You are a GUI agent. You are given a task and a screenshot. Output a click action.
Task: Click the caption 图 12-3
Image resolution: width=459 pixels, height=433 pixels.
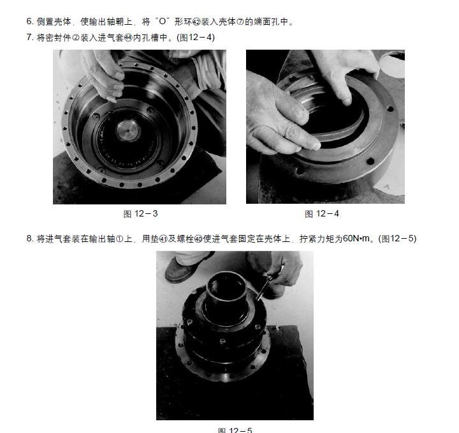click(x=140, y=214)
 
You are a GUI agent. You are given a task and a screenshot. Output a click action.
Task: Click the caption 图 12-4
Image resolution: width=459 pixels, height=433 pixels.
click(x=322, y=214)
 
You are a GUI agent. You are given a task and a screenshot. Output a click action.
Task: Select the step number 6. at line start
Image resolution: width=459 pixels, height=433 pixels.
click(x=29, y=22)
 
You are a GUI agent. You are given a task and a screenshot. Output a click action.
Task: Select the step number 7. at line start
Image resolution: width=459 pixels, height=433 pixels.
click(x=29, y=37)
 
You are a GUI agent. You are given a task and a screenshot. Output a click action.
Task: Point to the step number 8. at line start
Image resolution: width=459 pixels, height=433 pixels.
click(x=29, y=239)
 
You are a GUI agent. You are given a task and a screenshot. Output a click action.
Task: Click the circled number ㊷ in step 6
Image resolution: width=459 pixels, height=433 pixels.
click(x=196, y=22)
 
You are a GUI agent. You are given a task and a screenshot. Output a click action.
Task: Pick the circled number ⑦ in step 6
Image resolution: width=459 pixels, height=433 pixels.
click(x=240, y=22)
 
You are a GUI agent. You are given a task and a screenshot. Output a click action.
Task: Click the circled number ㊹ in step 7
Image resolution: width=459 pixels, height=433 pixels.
click(x=128, y=38)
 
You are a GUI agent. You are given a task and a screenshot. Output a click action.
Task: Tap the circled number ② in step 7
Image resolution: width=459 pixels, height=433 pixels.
click(x=75, y=38)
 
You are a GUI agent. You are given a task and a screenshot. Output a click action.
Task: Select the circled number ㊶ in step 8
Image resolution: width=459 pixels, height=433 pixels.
click(x=163, y=239)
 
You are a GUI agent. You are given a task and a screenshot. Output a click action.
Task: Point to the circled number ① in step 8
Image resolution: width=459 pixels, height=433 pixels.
click(x=119, y=239)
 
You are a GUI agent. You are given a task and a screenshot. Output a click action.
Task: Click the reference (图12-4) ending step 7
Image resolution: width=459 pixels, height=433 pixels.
click(x=196, y=38)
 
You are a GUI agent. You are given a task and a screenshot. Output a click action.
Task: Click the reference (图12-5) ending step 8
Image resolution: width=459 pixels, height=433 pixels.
click(x=397, y=239)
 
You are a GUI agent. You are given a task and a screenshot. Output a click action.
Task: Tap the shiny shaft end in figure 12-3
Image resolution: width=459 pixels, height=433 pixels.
click(x=128, y=131)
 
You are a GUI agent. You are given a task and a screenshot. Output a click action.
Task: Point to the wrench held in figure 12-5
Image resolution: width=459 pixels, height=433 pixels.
click(x=263, y=288)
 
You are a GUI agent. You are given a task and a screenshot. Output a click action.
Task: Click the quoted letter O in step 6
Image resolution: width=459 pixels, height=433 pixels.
click(x=163, y=22)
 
